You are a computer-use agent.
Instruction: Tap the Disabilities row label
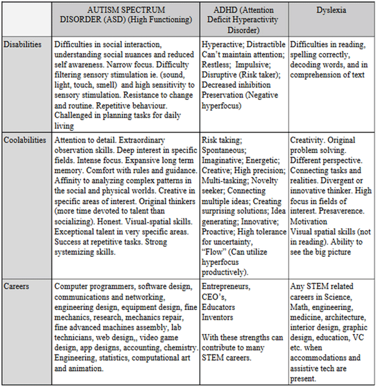[x=23, y=45]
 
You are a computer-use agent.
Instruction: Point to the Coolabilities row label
[x=25, y=140]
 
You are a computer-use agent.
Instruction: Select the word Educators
[x=218, y=308]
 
